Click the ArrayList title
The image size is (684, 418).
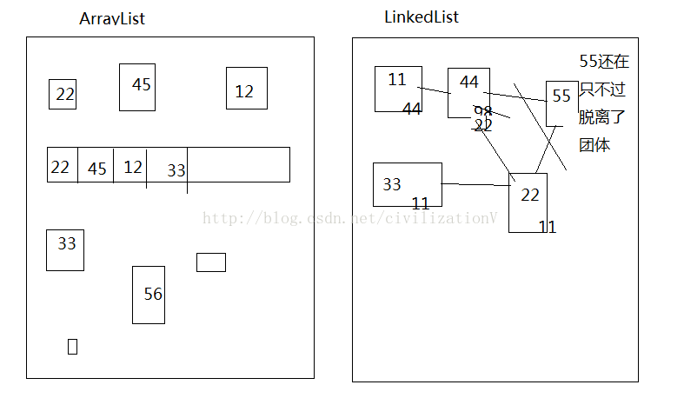pos(112,18)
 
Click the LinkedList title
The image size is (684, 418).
pos(422,17)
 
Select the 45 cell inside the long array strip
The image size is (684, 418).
pos(96,166)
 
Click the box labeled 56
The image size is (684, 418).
pos(149,295)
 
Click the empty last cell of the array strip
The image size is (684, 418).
pos(238,164)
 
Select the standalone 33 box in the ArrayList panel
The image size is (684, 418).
pos(65,249)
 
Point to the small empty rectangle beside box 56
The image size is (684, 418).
pos(211,262)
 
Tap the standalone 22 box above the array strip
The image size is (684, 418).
pos(63,94)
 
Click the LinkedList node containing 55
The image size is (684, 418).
pos(561,103)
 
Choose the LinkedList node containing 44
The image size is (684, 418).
pos(468,91)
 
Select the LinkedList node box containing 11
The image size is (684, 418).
pos(398,89)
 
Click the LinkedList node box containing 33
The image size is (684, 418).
pos(407,184)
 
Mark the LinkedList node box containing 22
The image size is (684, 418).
pos(528,202)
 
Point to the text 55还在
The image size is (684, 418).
pos(604,62)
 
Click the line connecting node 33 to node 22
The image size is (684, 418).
pos(475,184)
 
